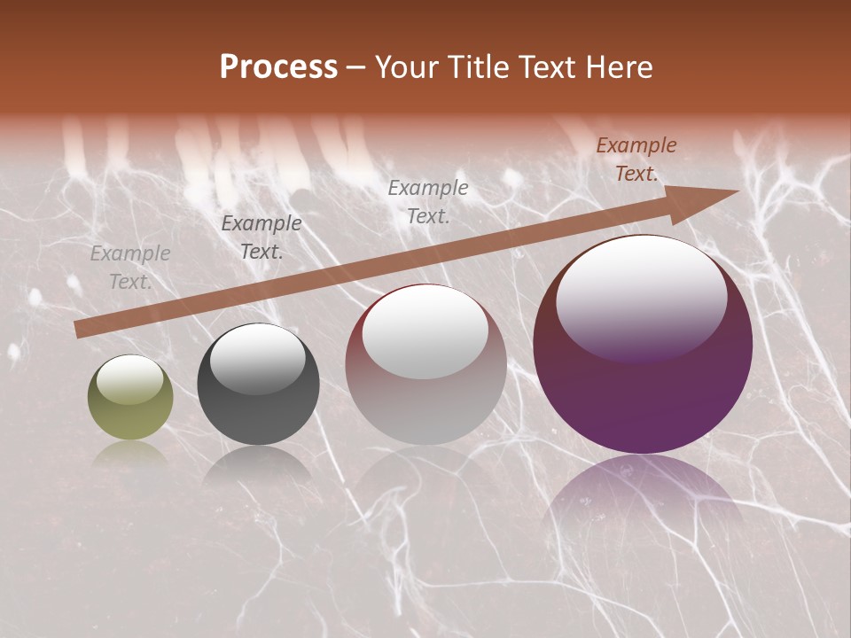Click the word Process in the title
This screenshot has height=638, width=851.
pyautogui.click(x=278, y=67)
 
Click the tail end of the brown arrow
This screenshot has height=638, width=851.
pyautogui.click(x=82, y=329)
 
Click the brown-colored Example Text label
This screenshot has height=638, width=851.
pyautogui.click(x=636, y=159)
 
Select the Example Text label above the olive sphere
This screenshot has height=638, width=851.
pyautogui.click(x=130, y=268)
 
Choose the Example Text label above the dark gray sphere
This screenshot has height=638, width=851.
pyautogui.click(x=262, y=237)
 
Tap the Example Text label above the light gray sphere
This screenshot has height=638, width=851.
pyautogui.click(x=428, y=202)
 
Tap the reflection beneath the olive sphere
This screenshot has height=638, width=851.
pyautogui.click(x=130, y=454)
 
